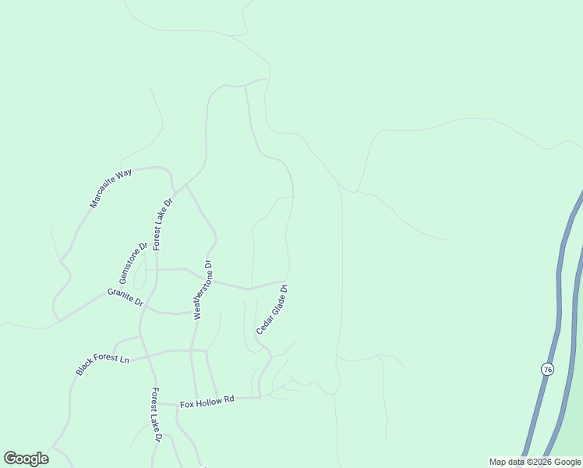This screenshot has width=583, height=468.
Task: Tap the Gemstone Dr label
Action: point(133,264)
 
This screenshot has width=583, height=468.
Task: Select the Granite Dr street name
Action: point(125,296)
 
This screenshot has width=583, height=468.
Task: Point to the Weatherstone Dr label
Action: point(203,289)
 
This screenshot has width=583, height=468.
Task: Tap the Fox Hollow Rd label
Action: point(207,402)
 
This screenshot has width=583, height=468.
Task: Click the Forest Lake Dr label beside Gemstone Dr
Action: point(162,224)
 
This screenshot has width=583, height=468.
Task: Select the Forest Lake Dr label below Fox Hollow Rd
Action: point(156,415)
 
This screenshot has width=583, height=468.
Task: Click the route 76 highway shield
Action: point(547,369)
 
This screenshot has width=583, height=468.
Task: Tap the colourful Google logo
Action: point(26,459)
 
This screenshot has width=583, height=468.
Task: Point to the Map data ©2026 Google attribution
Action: point(535,463)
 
